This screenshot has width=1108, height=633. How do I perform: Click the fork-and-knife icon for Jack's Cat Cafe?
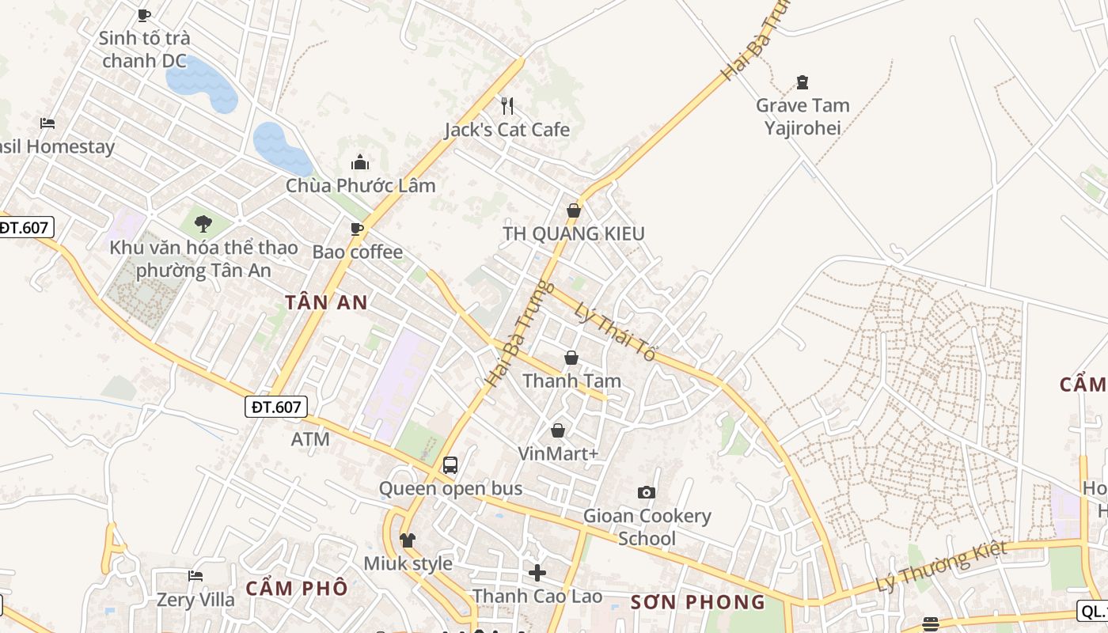click(507, 105)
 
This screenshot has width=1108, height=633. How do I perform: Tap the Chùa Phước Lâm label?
click(361, 185)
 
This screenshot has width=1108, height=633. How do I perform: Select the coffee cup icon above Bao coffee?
click(357, 229)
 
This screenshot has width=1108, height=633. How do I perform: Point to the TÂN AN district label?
click(326, 302)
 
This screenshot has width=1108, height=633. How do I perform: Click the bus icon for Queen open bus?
click(450, 465)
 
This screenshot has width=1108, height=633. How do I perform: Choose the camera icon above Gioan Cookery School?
click(647, 492)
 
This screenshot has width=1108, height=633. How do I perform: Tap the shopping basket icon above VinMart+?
click(558, 430)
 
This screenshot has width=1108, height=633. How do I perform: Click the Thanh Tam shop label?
click(571, 381)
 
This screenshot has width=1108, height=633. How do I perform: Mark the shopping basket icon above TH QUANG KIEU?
click(574, 210)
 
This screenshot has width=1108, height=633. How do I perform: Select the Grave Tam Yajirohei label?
click(803, 116)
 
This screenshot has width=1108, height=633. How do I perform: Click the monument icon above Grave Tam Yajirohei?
click(803, 82)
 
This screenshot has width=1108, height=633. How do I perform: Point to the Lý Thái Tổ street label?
click(616, 332)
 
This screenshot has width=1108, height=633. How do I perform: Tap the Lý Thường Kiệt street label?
click(942, 566)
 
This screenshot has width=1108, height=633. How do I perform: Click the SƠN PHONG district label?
click(698, 602)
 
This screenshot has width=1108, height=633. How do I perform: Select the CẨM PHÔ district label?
click(296, 588)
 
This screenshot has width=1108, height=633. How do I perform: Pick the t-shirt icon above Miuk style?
click(408, 540)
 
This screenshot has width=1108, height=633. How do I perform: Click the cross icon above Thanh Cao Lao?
click(537, 572)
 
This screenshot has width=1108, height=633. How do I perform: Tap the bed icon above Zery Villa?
click(195, 576)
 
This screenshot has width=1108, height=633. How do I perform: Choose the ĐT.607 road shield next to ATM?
click(275, 407)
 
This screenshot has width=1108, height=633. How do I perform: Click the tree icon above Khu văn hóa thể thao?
click(203, 224)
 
